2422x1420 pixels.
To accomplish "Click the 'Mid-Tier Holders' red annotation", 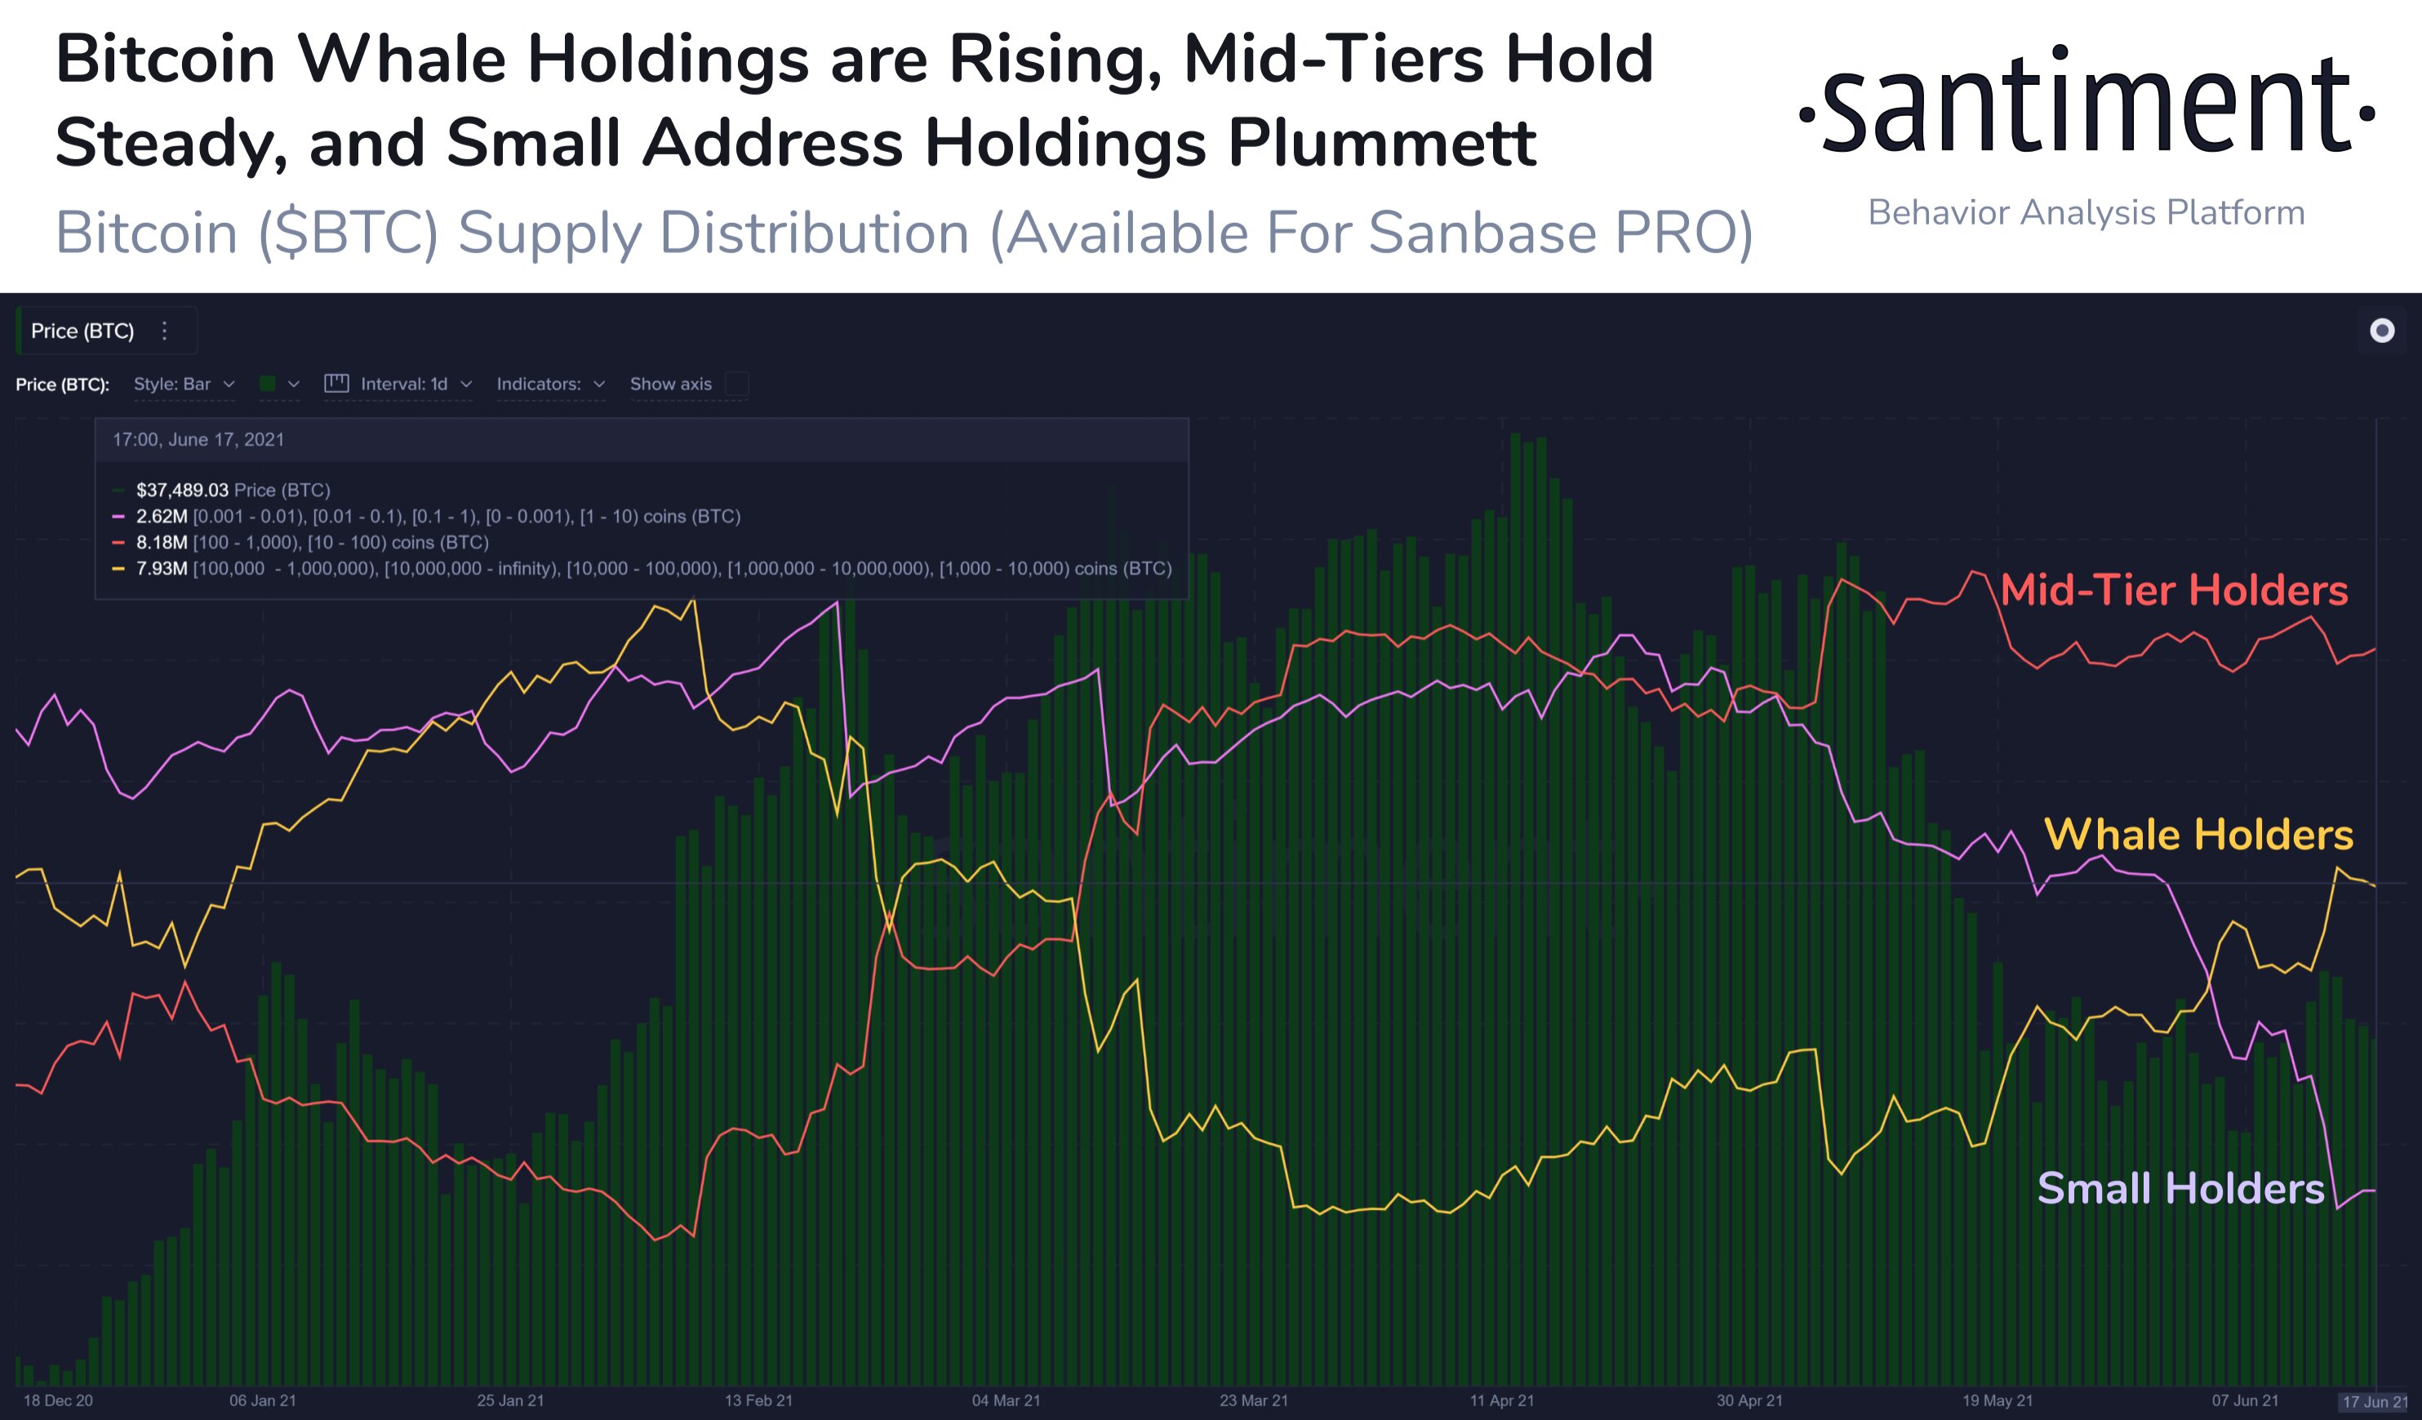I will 2173,590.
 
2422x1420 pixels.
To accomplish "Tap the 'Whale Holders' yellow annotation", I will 2198,834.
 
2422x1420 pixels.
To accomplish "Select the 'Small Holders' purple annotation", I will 2180,1188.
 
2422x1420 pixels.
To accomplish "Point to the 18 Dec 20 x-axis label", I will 58,1400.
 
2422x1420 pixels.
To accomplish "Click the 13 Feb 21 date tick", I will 758,1400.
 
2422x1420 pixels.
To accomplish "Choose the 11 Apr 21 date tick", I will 1501,1400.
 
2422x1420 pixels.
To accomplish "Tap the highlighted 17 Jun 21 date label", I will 2374,1400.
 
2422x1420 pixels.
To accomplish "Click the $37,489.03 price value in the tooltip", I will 182,490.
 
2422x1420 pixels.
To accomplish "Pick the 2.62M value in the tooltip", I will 162,516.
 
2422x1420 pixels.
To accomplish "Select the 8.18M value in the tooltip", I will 162,542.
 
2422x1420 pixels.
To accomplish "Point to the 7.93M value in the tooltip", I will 162,568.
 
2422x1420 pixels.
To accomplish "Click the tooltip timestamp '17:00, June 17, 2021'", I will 198,439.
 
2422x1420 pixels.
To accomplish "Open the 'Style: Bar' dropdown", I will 184,385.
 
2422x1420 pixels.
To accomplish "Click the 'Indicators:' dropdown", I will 549,385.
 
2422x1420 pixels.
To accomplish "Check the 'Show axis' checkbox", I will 737,385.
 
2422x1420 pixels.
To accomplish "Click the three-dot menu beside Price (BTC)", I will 164,331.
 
